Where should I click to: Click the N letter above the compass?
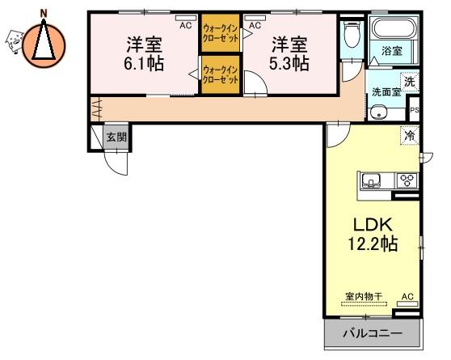point(44,13)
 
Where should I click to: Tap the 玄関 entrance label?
point(116,137)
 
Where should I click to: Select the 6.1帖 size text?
point(144,64)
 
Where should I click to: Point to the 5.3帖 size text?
point(289,64)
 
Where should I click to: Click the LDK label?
point(373,225)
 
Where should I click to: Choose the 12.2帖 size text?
point(373,244)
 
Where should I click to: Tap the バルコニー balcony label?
point(373,333)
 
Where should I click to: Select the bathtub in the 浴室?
point(394,28)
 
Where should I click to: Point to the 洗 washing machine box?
point(410,82)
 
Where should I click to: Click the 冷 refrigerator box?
point(410,135)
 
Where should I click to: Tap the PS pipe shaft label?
point(415,110)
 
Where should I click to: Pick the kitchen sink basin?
point(371,180)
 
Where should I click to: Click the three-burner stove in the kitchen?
point(407,180)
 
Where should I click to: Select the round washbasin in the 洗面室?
point(379,112)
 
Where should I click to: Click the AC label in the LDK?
point(407,296)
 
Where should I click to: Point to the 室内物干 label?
point(365,296)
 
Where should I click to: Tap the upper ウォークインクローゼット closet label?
point(221,33)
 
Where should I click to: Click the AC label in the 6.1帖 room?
point(186,25)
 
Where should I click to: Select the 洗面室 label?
point(386,92)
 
